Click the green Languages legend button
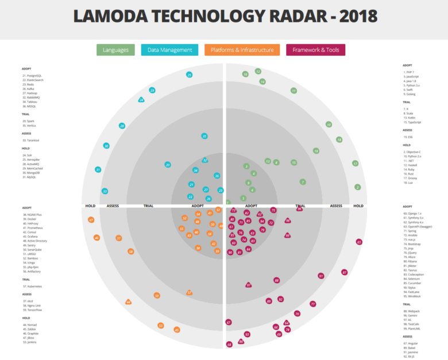click(x=116, y=50)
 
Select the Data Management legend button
click(x=169, y=50)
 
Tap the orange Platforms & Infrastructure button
click(x=242, y=50)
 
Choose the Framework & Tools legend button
click(x=315, y=50)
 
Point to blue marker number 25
click(x=189, y=75)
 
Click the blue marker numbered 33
click(x=105, y=191)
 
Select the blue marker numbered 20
click(x=168, y=165)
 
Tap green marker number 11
click(x=293, y=91)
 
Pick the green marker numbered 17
click(x=356, y=164)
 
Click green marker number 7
click(x=302, y=182)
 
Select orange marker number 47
click(x=91, y=220)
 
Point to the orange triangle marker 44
click(x=128, y=302)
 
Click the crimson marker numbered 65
click(x=359, y=242)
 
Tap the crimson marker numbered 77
click(x=313, y=304)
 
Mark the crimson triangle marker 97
click(x=249, y=285)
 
